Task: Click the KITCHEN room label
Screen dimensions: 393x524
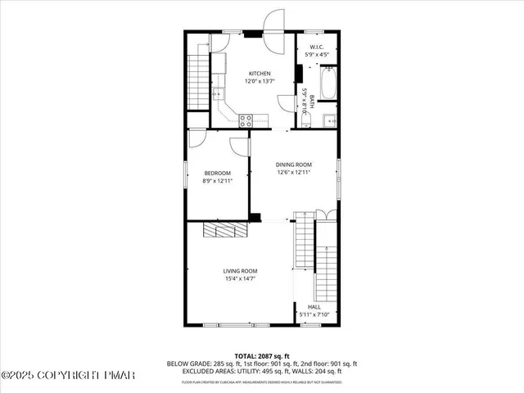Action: [x=259, y=74]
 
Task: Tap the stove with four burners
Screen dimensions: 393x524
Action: [x=245, y=120]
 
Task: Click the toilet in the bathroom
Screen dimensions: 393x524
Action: [x=305, y=121]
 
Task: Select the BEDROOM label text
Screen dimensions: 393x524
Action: [x=217, y=173]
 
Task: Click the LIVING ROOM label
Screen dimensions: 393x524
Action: [x=241, y=271]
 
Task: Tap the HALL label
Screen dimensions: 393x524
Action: [x=314, y=306]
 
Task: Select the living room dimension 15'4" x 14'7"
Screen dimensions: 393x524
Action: [x=241, y=279]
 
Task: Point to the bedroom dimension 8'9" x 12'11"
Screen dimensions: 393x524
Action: [x=217, y=181]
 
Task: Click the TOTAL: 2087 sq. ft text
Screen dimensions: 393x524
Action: [x=262, y=355]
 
